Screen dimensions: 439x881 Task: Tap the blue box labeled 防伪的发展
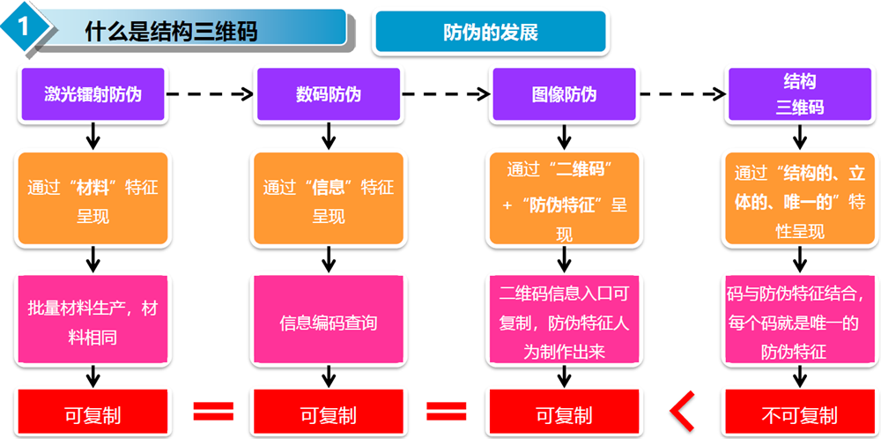491,33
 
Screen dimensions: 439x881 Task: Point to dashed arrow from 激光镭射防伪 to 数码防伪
210,94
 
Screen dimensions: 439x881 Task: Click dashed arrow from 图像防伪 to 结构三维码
683,94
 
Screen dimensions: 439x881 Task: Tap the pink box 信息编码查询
328,322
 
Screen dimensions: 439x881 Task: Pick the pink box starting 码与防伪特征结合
799,322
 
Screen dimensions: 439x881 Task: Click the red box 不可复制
799,413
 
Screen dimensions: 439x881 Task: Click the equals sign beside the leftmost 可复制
212,412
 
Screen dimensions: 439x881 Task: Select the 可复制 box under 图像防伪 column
564,413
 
